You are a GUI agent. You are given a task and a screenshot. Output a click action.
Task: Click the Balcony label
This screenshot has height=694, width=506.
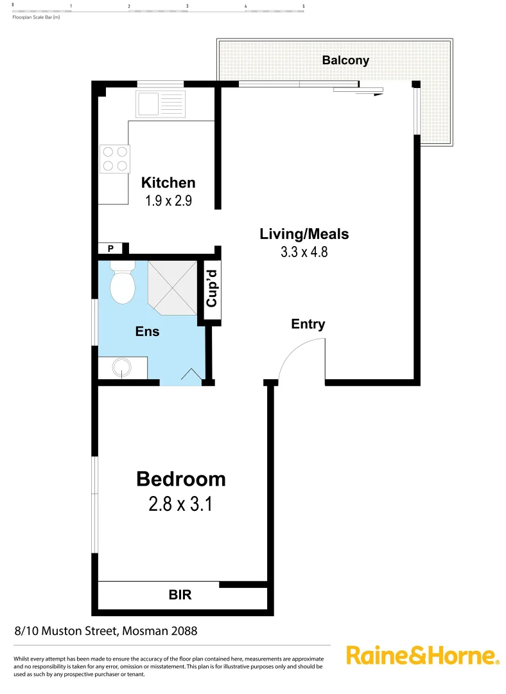tap(345, 60)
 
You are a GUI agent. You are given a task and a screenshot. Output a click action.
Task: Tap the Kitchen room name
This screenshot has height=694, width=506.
tap(168, 182)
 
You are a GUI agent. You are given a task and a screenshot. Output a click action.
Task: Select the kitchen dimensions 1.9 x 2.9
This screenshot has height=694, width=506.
tap(168, 200)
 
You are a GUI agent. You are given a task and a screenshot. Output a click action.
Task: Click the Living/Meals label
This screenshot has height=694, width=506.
tap(304, 234)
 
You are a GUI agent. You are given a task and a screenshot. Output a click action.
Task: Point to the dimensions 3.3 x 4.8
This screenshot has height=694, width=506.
tap(304, 252)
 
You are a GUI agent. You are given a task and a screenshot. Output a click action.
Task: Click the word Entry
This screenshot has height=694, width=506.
tap(308, 325)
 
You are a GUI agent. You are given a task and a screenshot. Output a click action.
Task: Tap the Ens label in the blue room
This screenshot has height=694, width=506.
tap(147, 332)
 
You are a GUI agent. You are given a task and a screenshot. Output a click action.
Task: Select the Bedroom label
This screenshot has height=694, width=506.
tap(180, 479)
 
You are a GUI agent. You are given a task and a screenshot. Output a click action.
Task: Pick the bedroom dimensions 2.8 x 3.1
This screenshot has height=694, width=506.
tap(180, 504)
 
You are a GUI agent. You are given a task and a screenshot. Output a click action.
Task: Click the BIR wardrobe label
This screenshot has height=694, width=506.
tap(180, 596)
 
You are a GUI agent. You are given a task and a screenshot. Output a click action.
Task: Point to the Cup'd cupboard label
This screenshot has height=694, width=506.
tap(213, 290)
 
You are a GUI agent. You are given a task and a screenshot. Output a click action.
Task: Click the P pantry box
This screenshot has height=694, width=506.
tap(110, 249)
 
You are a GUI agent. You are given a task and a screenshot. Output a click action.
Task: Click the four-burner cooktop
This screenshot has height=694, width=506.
tap(115, 159)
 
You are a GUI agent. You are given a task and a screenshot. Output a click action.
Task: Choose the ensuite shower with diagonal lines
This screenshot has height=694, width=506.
tap(172, 287)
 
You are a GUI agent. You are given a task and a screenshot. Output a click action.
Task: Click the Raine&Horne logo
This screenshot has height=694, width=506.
tap(423, 656)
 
